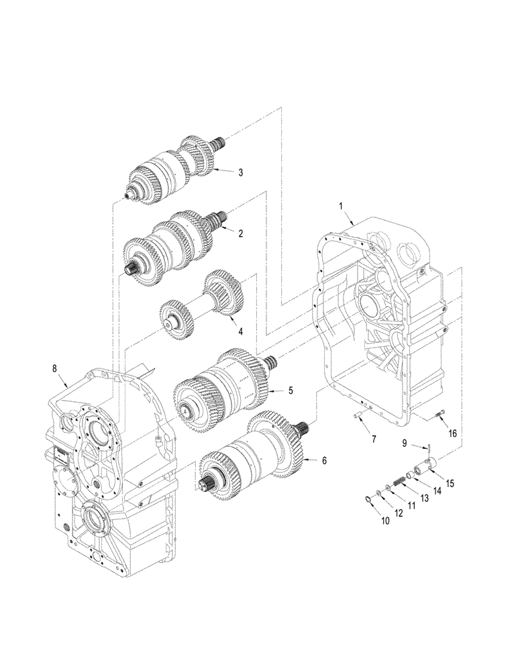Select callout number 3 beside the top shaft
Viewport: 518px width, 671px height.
240,172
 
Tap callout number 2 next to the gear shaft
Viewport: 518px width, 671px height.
240,233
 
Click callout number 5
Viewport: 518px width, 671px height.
291,389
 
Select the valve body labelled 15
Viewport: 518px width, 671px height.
427,464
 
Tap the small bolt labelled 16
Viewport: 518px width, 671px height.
439,416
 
